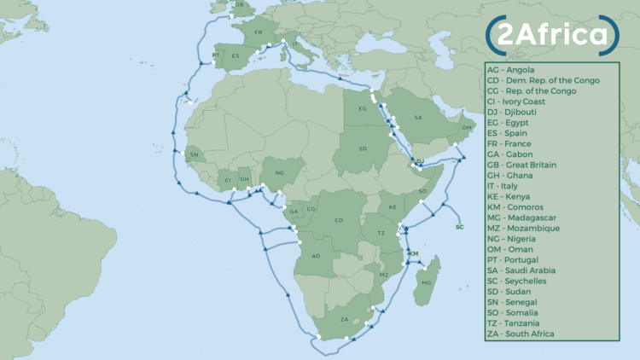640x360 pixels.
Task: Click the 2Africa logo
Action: tap(551, 34)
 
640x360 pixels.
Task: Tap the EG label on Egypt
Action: tap(361, 108)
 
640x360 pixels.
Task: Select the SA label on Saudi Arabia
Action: tap(417, 118)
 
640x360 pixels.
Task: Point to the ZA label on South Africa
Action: tap(345, 319)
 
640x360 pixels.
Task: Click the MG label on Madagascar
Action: tap(427, 282)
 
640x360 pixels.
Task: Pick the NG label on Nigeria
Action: tap(279, 172)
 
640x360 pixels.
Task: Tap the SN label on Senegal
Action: tap(194, 154)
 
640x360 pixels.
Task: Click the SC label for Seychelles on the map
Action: tap(460, 227)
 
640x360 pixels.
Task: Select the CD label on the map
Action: tap(339, 220)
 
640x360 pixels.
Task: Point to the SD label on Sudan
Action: tap(363, 149)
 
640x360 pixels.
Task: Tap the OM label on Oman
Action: tap(465, 127)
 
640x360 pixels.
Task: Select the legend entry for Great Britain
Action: tap(532, 165)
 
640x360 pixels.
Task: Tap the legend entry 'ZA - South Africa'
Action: tap(532, 334)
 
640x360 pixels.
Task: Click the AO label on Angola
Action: tap(315, 256)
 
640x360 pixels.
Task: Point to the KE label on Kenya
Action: tap(393, 207)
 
